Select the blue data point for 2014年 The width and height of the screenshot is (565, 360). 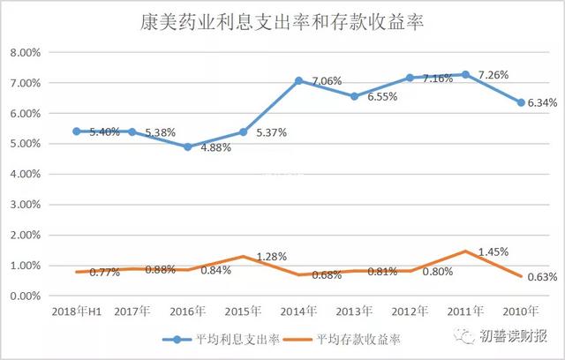click(x=298, y=80)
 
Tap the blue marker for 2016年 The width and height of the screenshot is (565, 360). click(x=188, y=146)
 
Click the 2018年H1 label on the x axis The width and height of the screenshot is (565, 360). click(x=76, y=311)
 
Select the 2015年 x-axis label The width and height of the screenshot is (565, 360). click(x=243, y=311)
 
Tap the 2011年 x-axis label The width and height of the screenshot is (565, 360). click(x=465, y=311)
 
